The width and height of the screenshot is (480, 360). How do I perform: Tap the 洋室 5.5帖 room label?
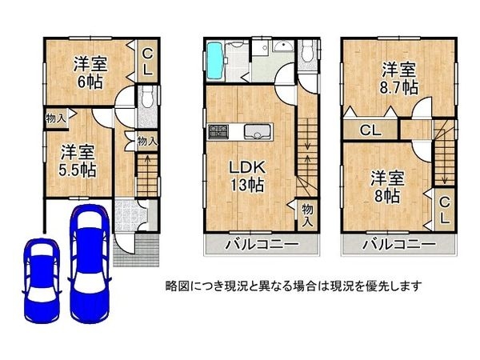pyautogui.click(x=78, y=159)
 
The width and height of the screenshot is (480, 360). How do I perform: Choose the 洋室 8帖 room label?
pyautogui.click(x=386, y=186)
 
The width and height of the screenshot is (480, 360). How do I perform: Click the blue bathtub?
pyautogui.click(x=216, y=58)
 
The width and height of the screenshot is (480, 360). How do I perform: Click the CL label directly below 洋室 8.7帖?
pyautogui.click(x=369, y=130)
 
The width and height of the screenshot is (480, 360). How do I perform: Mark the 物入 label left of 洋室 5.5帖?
pyautogui.click(x=55, y=118)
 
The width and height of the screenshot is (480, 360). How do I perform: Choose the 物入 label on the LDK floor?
pyautogui.click(x=308, y=212)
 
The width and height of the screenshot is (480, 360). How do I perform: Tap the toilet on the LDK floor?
pyautogui.click(x=310, y=53)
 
